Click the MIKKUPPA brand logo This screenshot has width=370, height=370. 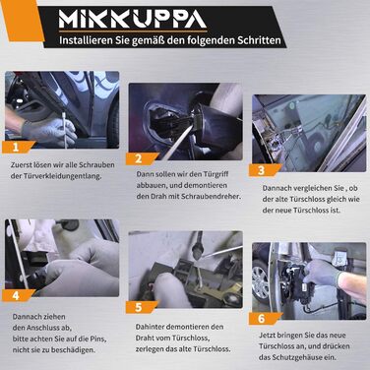(x=133, y=20)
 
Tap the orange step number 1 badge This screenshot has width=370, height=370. (x=18, y=148)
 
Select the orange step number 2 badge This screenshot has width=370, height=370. (x=141, y=158)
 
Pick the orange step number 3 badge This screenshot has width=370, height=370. (x=264, y=170)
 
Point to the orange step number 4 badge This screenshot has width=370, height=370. (x=18, y=295)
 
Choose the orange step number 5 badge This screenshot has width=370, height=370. (x=141, y=307)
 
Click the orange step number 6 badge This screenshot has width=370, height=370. (x=264, y=319)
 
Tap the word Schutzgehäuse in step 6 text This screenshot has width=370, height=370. (x=298, y=357)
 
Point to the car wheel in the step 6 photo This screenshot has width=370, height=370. (x=261, y=282)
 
